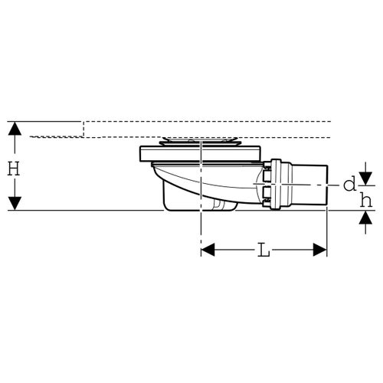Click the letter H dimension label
(x=13, y=168)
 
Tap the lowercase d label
(x=349, y=184)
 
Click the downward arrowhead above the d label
(x=365, y=178)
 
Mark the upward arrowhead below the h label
(x=365, y=215)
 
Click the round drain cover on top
(x=201, y=142)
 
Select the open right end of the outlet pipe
(x=325, y=185)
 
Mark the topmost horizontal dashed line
(x=207, y=121)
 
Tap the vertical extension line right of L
(x=327, y=230)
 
